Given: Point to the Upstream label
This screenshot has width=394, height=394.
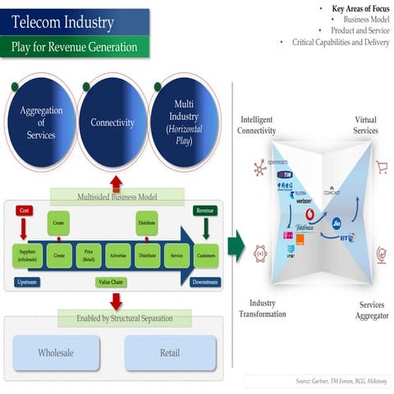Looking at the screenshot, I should [x=26, y=282].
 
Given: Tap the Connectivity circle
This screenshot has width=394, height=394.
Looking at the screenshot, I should [x=112, y=122].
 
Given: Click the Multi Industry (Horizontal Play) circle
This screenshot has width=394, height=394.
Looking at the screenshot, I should [x=185, y=123].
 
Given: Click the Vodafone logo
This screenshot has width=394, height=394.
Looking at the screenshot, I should [x=309, y=214].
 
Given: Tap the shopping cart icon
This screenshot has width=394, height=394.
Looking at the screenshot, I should [x=381, y=167].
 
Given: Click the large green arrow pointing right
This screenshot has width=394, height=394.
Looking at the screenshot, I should [x=236, y=245].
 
